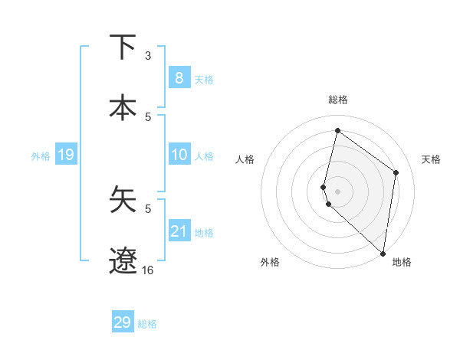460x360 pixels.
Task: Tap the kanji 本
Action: coord(123,106)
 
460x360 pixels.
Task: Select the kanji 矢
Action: coord(123,201)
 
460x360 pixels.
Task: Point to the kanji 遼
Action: coord(123,260)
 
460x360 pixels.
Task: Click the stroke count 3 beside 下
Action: coord(148,56)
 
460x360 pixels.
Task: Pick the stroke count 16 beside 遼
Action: coord(148,270)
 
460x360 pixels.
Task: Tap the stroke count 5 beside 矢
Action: coord(148,208)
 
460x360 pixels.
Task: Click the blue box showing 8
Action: coord(179,77)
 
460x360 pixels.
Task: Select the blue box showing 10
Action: coord(179,155)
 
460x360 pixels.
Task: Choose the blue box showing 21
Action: coord(179,231)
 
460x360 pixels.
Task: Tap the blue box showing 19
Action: coord(65,155)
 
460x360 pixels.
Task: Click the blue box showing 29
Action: coord(123,322)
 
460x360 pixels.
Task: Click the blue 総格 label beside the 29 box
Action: coord(147,324)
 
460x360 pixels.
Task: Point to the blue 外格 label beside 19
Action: coord(41,156)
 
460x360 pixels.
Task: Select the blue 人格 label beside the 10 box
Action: coord(204,156)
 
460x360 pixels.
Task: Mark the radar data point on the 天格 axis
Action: coord(396,172)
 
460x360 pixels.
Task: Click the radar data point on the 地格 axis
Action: coord(383,254)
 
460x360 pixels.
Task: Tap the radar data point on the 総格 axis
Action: coord(337,130)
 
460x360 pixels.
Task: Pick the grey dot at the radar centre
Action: coord(338,191)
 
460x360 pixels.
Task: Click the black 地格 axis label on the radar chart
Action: coord(402,263)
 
